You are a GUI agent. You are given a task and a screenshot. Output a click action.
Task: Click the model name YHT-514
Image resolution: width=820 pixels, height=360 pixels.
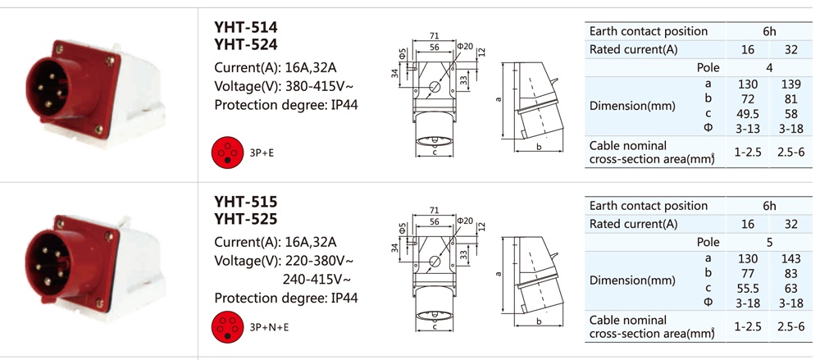point(246,27)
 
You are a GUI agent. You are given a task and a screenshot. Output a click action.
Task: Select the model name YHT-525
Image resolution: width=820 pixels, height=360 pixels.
point(246,219)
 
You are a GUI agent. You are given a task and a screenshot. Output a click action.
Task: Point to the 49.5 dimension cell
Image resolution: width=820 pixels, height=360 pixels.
point(748,114)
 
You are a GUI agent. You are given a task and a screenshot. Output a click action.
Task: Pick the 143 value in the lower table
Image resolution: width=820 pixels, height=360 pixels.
point(791,258)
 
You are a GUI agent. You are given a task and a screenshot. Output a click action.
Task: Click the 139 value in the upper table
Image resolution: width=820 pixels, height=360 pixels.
point(791,84)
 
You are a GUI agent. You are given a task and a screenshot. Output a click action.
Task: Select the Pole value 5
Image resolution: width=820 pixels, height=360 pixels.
point(769,242)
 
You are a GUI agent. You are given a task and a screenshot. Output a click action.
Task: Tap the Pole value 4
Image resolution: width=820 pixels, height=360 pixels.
point(769,67)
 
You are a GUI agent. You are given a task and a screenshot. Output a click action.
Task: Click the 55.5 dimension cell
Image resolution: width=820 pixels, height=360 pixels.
point(748,289)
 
